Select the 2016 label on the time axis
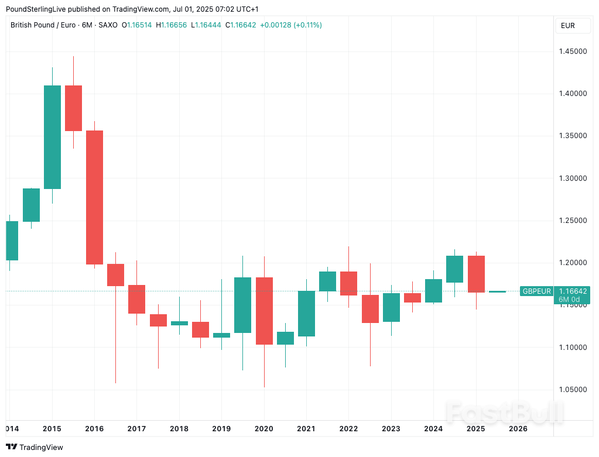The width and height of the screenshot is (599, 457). pyautogui.click(x=94, y=429)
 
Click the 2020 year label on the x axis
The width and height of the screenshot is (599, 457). pyautogui.click(x=263, y=429)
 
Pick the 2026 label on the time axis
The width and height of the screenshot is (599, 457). pyautogui.click(x=518, y=429)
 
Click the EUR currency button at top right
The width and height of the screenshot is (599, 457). pyautogui.click(x=567, y=26)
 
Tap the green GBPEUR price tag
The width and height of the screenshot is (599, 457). pyautogui.click(x=536, y=291)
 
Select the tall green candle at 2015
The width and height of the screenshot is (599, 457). pyautogui.click(x=52, y=137)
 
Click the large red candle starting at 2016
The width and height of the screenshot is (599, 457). pyautogui.click(x=94, y=197)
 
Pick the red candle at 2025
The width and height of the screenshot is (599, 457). pyautogui.click(x=475, y=274)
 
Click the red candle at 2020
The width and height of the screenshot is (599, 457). pyautogui.click(x=264, y=311)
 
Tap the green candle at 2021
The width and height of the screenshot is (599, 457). pyautogui.click(x=306, y=314)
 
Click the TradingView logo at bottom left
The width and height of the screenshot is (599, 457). pyautogui.click(x=35, y=447)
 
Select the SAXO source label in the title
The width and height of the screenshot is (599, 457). pyautogui.click(x=107, y=25)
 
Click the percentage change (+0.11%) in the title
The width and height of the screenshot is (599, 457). pyautogui.click(x=307, y=25)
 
